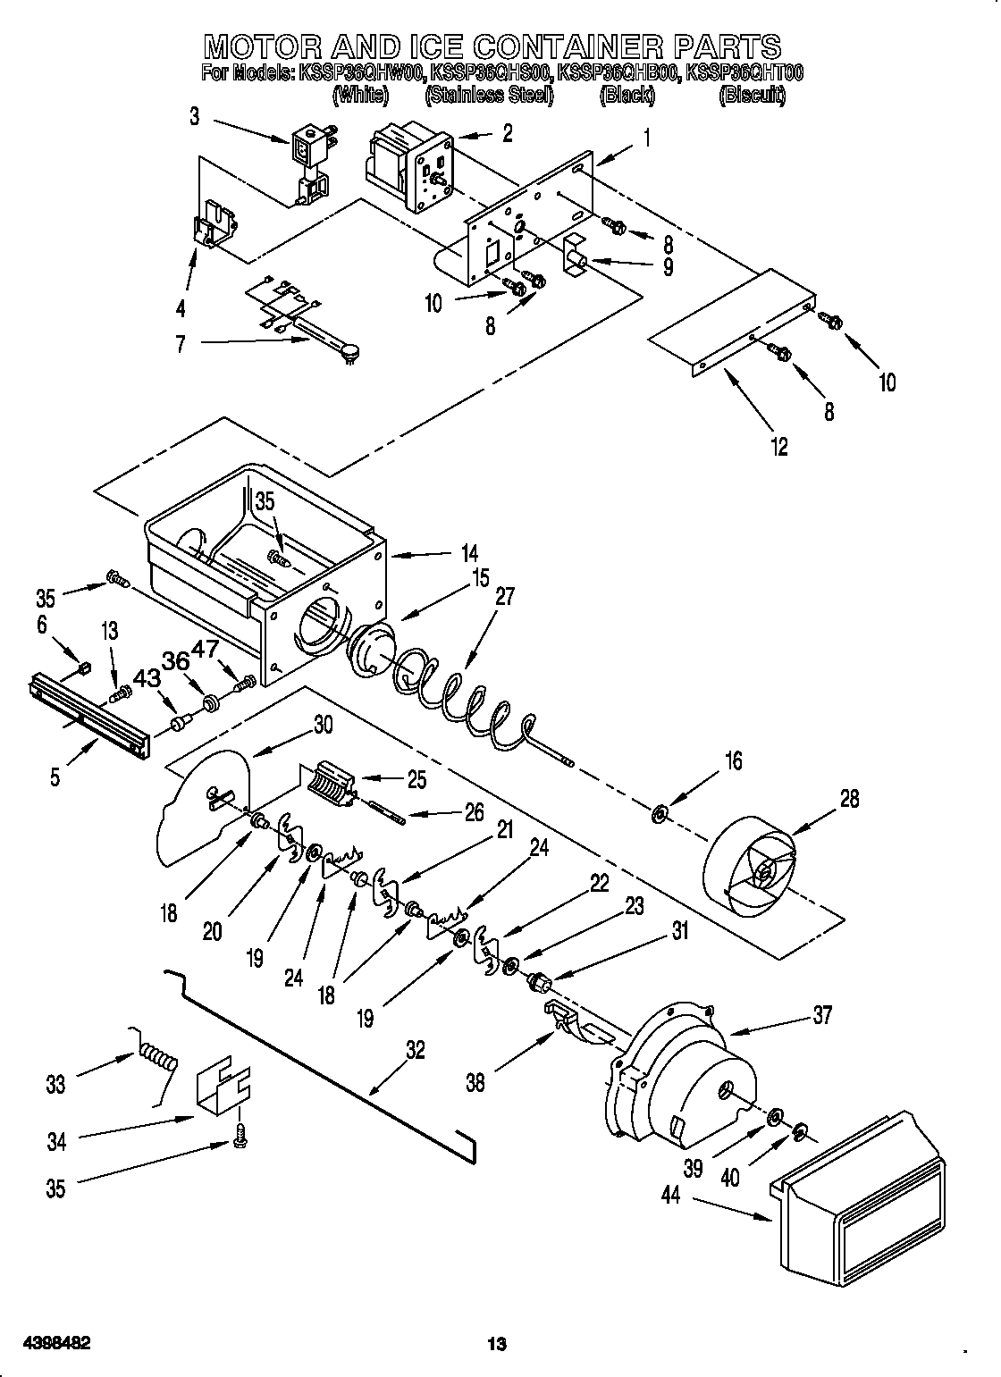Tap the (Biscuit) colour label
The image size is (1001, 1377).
[752, 96]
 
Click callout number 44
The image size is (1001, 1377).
[670, 1194]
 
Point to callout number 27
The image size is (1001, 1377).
[505, 596]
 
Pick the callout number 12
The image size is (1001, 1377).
[779, 447]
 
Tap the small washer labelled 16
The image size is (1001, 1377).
[660, 813]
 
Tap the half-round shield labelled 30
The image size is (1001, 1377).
[201, 809]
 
